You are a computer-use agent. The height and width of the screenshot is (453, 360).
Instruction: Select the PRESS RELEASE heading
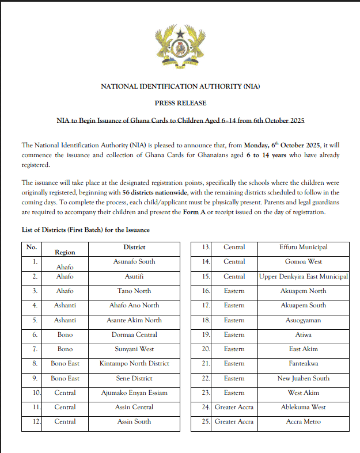coord(180,103)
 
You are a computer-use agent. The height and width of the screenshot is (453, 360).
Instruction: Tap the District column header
coord(134,247)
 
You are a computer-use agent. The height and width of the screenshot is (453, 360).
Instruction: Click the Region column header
coord(65,252)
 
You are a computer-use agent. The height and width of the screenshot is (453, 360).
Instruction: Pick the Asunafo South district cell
coord(134,261)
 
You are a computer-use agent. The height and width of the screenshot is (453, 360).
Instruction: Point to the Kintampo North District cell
coord(134,363)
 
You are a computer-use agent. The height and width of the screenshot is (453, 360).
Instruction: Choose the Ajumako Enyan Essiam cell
coord(134,393)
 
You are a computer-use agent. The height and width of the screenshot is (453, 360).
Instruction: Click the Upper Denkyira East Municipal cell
coord(303,276)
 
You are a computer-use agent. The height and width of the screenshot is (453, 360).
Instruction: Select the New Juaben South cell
coord(303,378)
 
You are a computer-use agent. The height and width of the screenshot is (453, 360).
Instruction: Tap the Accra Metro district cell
coord(303,421)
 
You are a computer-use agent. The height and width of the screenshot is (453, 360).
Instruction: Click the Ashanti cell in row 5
coord(65,320)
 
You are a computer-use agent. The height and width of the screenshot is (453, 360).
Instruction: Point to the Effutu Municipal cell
coord(303,247)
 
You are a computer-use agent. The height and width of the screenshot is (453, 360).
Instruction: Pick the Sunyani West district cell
coord(134,349)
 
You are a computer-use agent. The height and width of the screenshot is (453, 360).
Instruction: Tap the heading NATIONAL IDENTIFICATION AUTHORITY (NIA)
coord(180,87)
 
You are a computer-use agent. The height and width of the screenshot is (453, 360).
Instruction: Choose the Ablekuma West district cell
coord(303,407)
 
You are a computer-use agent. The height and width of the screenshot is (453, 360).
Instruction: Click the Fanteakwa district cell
coord(303,363)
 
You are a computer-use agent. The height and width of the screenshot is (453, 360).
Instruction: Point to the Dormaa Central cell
coord(134,334)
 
